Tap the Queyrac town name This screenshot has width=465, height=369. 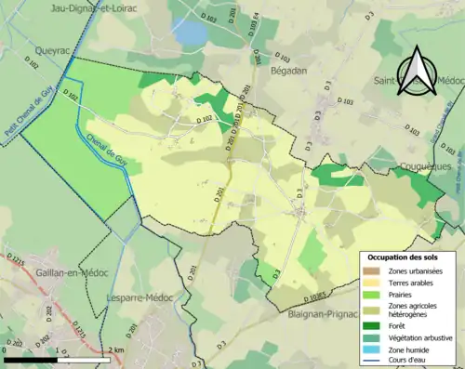coord(45,53)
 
